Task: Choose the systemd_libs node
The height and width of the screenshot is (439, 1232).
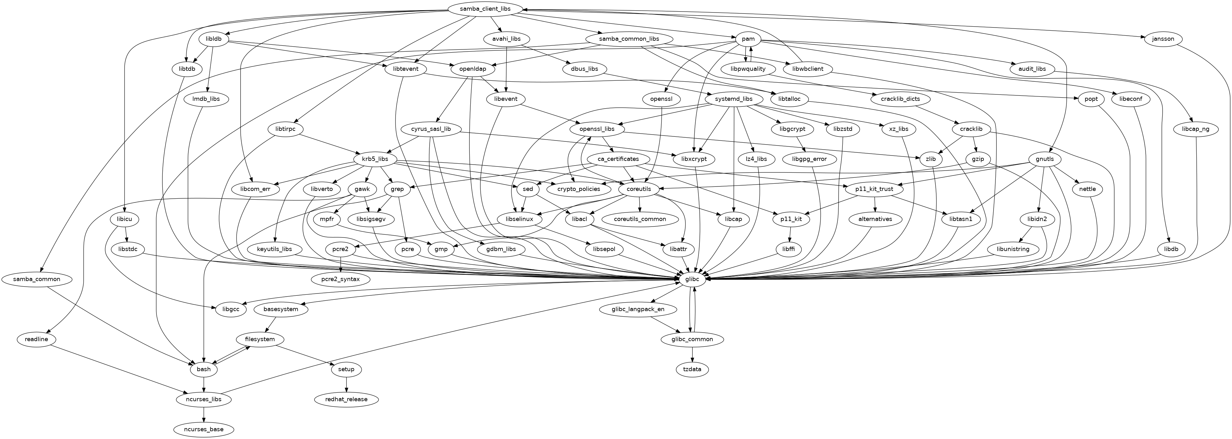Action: click(x=733, y=99)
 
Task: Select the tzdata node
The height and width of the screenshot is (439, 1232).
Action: click(x=692, y=369)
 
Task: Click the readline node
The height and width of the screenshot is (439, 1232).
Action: click(x=36, y=339)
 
